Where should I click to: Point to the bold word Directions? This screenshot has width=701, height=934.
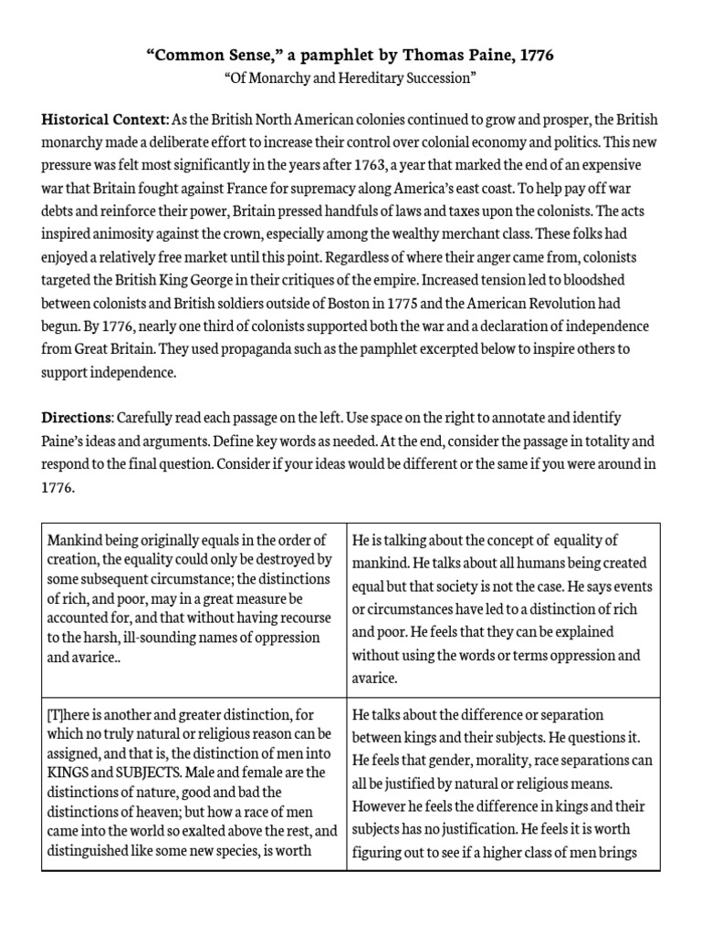pos(77,417)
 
